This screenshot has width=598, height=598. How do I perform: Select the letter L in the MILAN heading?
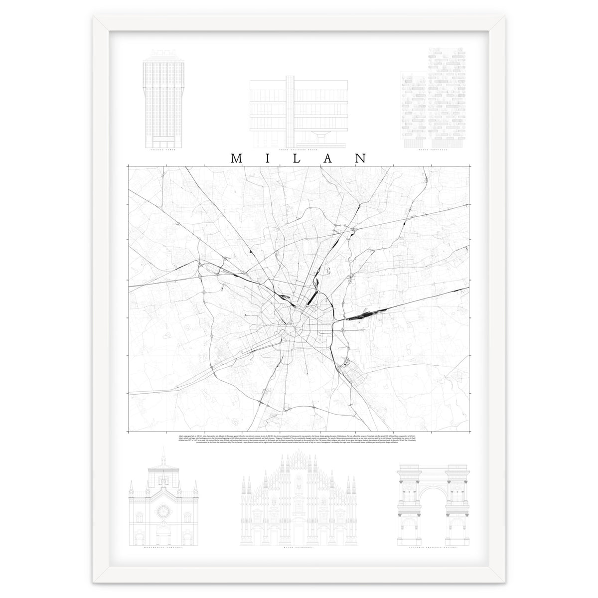299,158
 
